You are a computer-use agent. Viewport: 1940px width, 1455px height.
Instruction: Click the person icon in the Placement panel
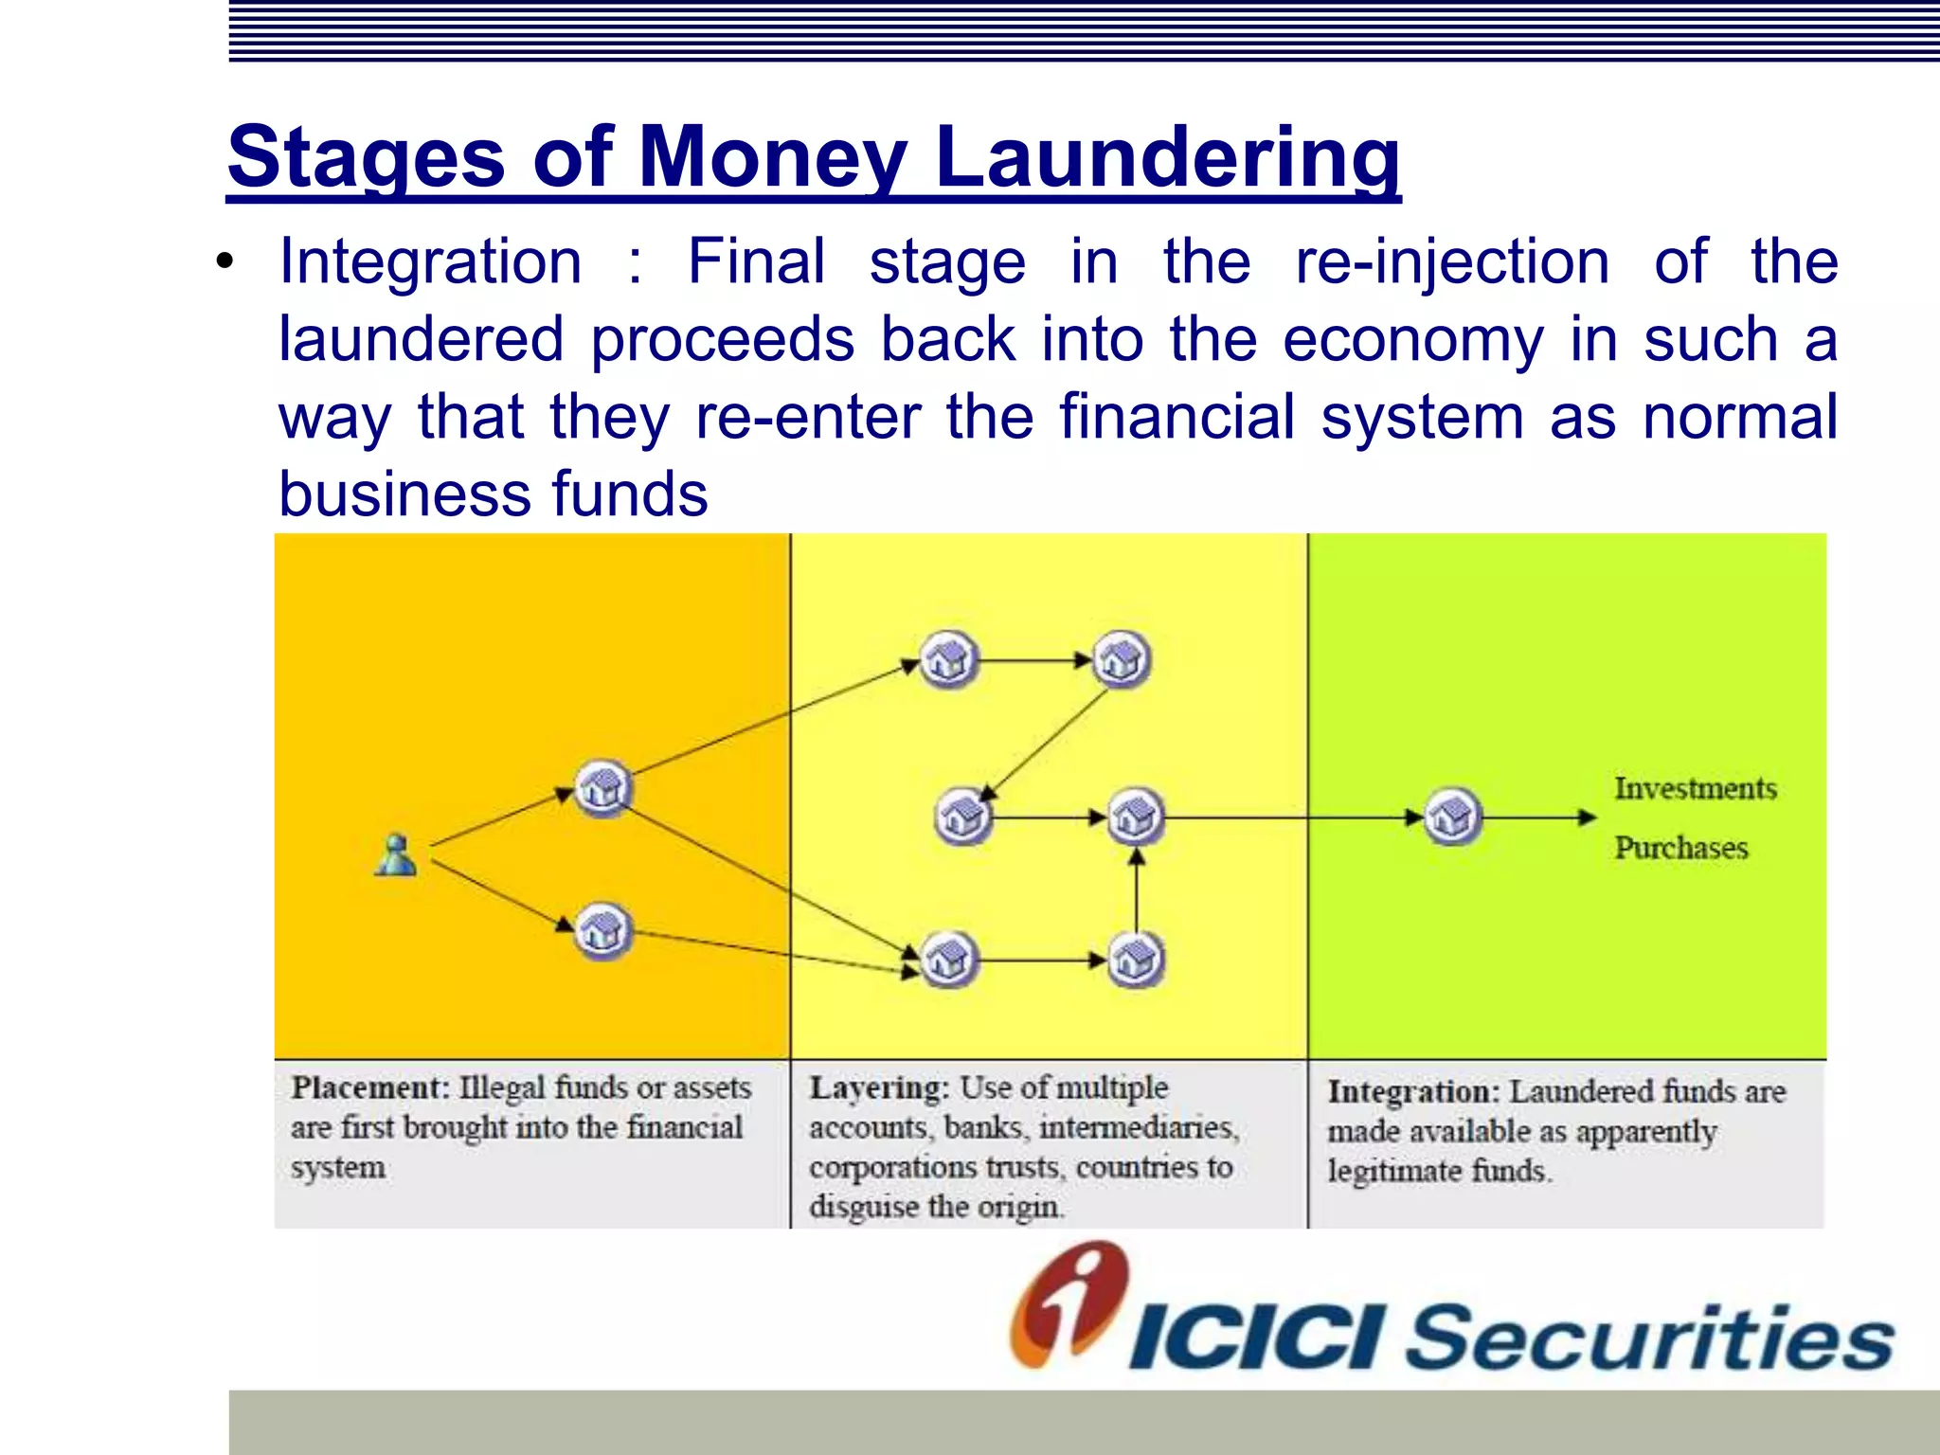tap(396, 855)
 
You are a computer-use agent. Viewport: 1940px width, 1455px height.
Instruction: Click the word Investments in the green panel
tap(1695, 788)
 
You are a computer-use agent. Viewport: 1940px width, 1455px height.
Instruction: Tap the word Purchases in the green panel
tap(1680, 847)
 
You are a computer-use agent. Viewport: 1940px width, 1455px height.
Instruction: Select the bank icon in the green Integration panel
tap(1452, 817)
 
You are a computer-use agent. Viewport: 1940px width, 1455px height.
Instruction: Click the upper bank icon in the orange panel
tap(603, 787)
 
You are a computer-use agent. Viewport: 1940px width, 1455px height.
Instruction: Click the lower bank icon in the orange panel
tap(602, 930)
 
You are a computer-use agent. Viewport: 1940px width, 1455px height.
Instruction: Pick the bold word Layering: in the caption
tap(878, 1087)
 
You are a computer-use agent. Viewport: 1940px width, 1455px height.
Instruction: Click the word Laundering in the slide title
tap(1166, 157)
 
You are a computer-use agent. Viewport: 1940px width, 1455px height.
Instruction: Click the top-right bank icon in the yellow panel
tap(1122, 659)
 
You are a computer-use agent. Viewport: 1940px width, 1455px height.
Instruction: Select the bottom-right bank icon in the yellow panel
tap(1136, 960)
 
